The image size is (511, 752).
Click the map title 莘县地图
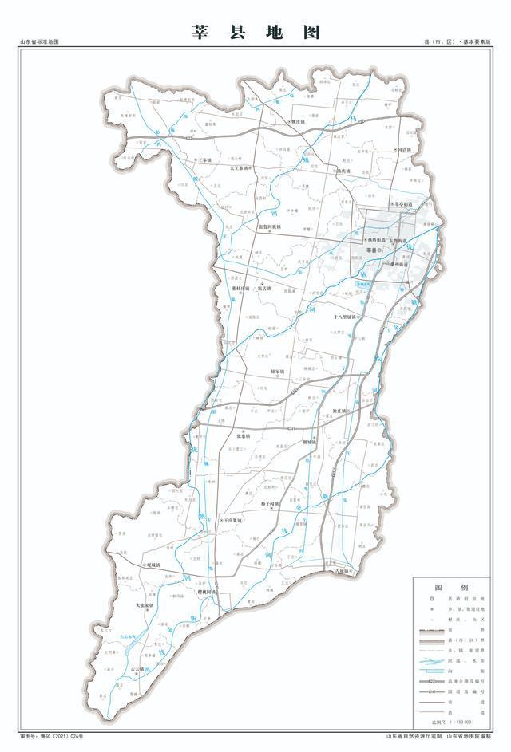click(x=255, y=32)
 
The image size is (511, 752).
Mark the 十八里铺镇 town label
click(x=346, y=317)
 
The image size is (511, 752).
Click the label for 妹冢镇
click(x=277, y=372)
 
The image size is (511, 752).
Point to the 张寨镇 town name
click(x=244, y=436)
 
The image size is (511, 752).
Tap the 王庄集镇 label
click(x=232, y=520)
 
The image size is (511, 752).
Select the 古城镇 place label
click(x=342, y=571)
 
